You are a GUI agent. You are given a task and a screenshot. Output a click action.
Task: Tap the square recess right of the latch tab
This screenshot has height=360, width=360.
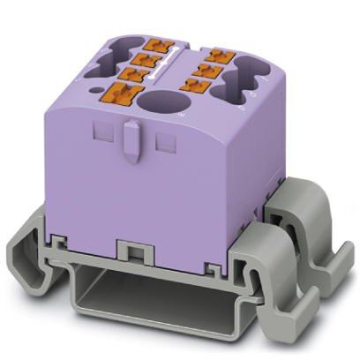point(161,140)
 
